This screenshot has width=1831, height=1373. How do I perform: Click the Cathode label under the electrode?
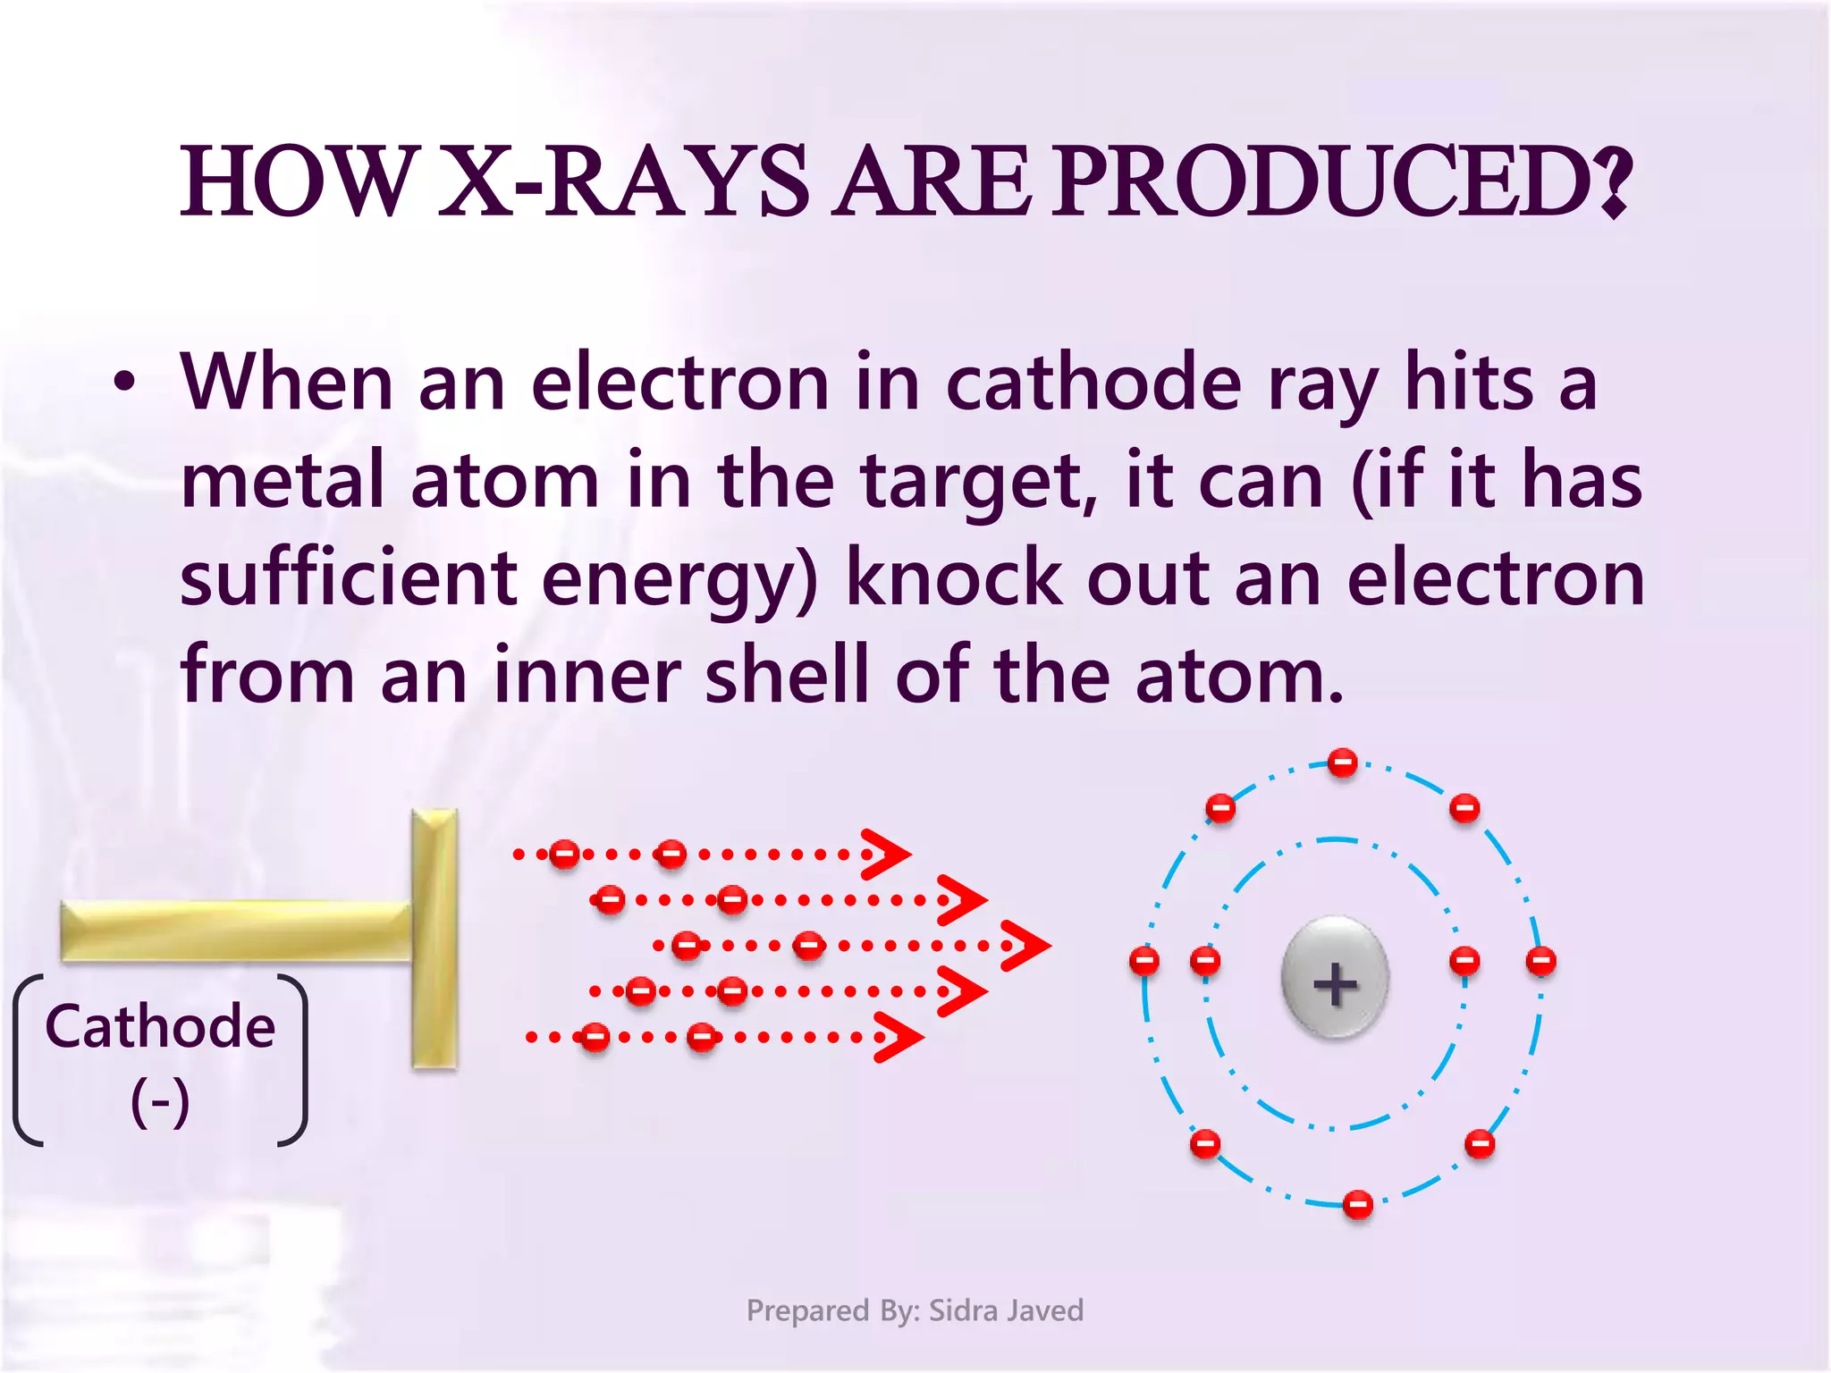160,1026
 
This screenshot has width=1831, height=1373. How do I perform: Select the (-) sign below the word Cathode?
160,1101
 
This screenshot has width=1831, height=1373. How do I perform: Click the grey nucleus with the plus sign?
1335,978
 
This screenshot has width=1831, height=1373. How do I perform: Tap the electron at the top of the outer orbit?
1342,763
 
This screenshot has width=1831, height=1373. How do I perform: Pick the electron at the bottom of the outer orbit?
1358,1204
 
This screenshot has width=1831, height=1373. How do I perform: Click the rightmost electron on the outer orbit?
1540,962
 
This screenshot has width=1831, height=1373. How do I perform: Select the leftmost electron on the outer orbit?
1144,961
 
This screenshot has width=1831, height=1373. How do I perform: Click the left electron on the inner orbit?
1205,962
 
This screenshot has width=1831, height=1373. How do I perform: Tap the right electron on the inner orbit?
1464,962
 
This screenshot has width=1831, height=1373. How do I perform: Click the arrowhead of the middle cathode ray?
1027,945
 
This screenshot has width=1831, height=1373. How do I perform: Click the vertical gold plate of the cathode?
435,939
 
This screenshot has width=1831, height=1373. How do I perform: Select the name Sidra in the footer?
966,1310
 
